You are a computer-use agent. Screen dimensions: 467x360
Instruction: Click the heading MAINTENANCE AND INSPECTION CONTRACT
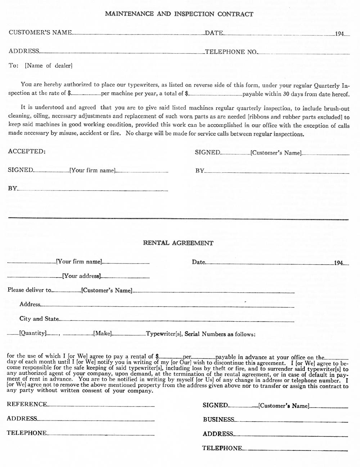179,14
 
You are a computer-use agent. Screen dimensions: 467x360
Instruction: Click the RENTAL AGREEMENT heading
178,243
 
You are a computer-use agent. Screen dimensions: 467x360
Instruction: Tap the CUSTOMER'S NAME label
40,32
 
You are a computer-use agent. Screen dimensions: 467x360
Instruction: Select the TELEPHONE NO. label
231,52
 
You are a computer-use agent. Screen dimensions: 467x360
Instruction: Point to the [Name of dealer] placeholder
49,66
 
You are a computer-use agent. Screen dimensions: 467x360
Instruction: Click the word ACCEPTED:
27,151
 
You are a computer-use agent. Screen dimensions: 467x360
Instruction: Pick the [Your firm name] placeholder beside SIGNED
93,170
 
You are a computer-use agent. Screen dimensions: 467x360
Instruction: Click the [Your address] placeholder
81,276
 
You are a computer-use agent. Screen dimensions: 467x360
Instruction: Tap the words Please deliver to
29,290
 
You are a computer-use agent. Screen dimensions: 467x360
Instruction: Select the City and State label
39,319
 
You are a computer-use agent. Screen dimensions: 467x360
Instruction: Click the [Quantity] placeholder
33,333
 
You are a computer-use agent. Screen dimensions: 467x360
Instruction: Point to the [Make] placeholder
103,334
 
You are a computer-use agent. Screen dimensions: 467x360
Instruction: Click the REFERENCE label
27,404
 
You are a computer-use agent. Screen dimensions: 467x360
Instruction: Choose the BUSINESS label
219,419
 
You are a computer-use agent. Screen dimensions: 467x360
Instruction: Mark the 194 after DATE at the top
339,34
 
